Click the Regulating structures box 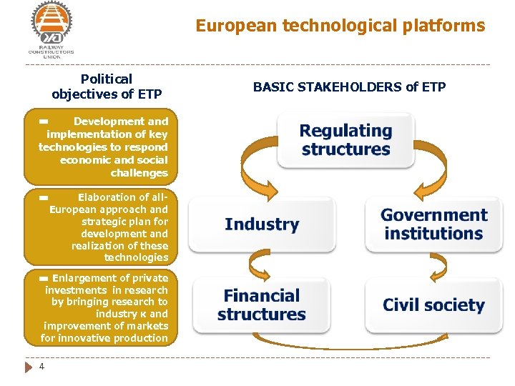tap(346, 140)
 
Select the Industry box tap(262, 224)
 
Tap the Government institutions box tap(433, 224)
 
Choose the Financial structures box tap(262, 305)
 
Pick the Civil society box tap(433, 305)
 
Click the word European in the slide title tap(237, 26)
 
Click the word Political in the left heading tap(107, 79)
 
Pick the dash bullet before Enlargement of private tap(44, 278)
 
